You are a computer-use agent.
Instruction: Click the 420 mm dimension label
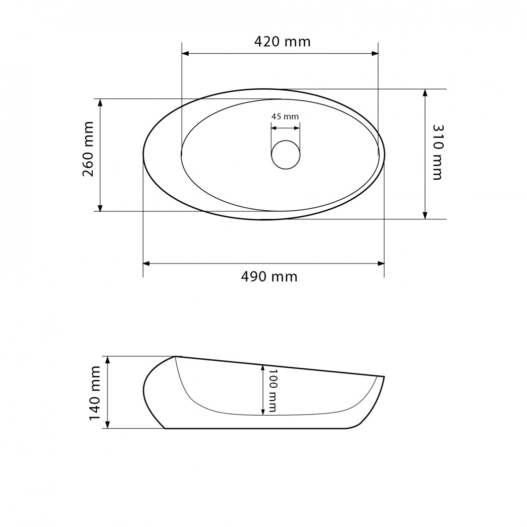pyautogui.click(x=282, y=42)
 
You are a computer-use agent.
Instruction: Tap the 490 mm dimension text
pyautogui.click(x=269, y=277)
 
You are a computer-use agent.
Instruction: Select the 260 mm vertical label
pyautogui.click(x=88, y=149)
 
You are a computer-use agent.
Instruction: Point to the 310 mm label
pyautogui.click(x=438, y=152)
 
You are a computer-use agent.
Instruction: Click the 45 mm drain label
pyautogui.click(x=285, y=116)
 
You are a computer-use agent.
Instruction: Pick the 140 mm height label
pyautogui.click(x=94, y=393)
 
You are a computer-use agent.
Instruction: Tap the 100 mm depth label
pyautogui.click(x=272, y=390)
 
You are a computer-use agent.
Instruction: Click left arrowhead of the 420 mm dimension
pyautogui.click(x=185, y=53)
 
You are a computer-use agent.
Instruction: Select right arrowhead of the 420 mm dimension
pyautogui.click(x=375, y=53)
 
